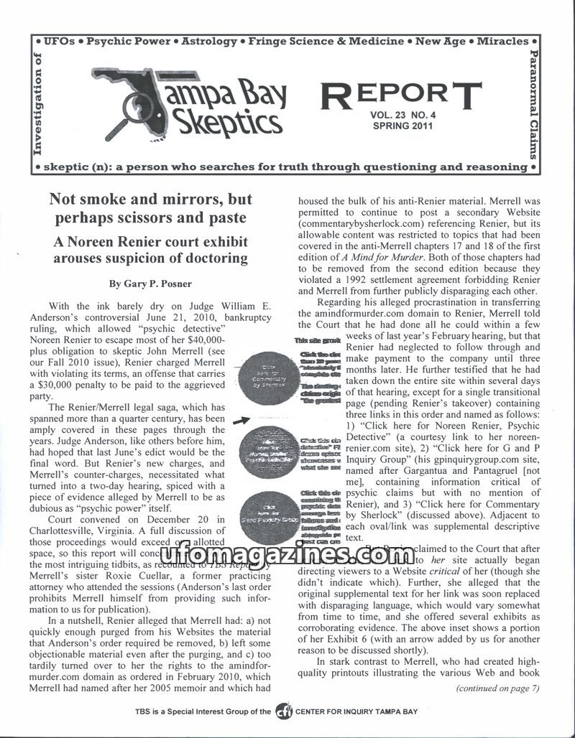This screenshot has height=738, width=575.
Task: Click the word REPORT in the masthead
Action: click(400, 95)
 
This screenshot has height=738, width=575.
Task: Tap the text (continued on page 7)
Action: click(497, 688)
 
